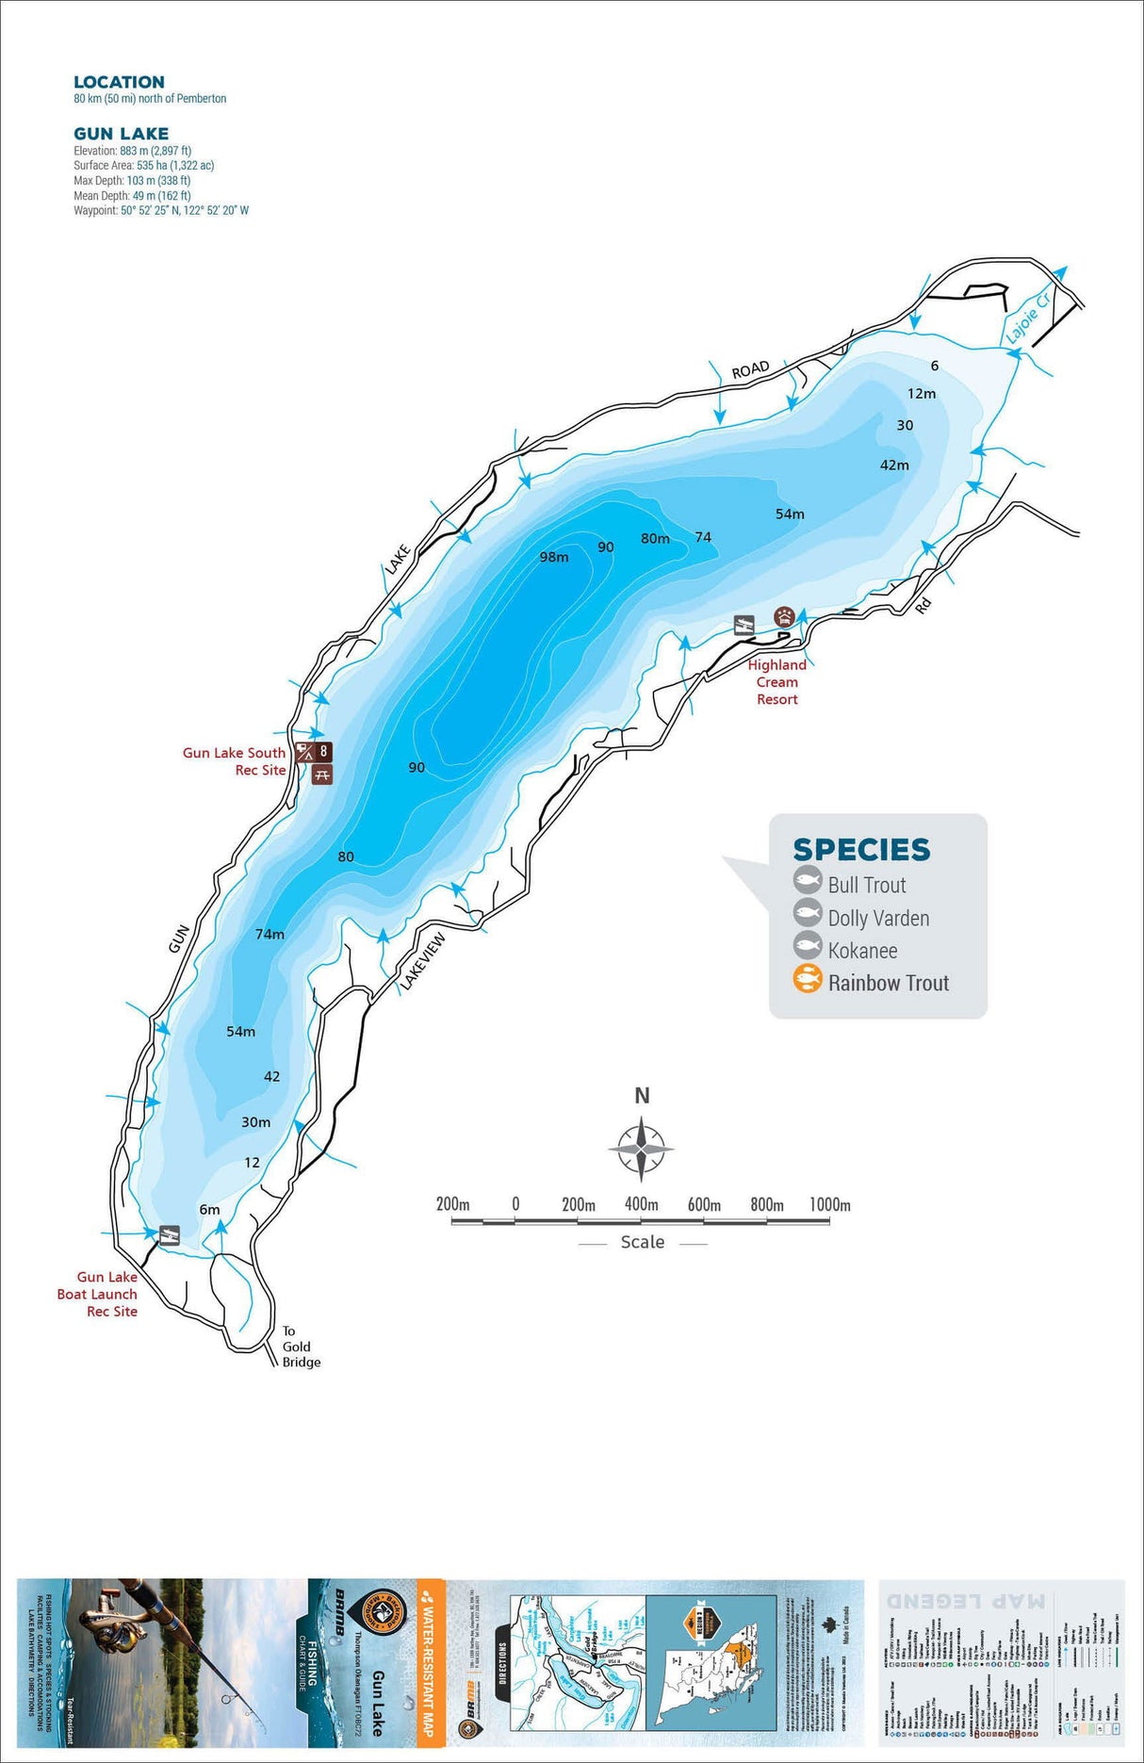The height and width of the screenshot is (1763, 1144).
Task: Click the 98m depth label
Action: coord(554,557)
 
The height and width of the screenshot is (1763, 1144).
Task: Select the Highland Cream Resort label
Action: coord(777,682)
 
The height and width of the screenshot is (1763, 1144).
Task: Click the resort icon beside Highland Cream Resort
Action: coord(784,617)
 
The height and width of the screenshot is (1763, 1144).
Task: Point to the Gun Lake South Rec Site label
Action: coord(235,761)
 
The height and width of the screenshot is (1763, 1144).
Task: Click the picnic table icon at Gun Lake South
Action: coord(322,775)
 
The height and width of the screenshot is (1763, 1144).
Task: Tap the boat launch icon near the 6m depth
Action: coord(170,1234)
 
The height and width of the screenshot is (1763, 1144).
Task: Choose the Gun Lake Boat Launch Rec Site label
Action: coord(97,1294)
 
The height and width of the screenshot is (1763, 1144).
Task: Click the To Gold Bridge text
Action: coord(301,1347)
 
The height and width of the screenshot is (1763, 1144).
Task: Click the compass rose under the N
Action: coord(641,1149)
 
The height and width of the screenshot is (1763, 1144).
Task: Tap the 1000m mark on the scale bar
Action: coord(829,1205)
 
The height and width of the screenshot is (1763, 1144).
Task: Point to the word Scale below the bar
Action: coord(643,1243)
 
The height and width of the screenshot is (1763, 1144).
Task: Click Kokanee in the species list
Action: coord(862,951)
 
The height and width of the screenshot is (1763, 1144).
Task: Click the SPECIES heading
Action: coord(861,850)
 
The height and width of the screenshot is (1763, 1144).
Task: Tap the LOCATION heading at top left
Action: coord(119,82)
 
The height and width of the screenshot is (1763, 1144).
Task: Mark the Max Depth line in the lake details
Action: coord(132,180)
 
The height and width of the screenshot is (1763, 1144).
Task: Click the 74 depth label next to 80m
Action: coord(703,537)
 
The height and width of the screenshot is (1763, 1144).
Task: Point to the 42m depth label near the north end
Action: coord(894,465)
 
